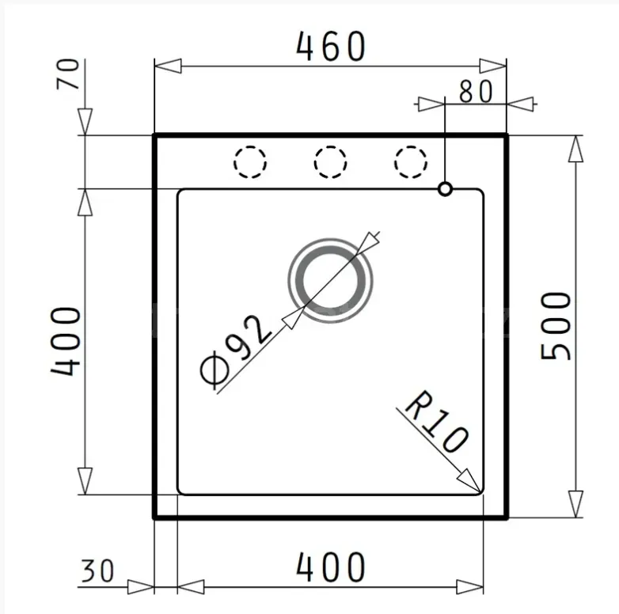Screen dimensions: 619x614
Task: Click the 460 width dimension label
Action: coord(331,47)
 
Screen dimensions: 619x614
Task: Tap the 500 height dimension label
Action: coord(556,326)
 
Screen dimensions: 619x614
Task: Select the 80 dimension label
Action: coord(476,92)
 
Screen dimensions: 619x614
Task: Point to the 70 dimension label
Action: coord(68,74)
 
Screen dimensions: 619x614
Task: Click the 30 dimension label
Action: coord(97,570)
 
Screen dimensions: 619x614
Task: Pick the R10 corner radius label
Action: coord(436,422)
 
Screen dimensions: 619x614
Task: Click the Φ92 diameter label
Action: coord(236,351)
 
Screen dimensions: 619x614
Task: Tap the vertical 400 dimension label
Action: coord(66,341)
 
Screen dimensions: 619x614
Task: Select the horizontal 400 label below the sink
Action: coord(331,567)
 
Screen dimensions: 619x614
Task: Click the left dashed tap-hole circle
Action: coord(250,161)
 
